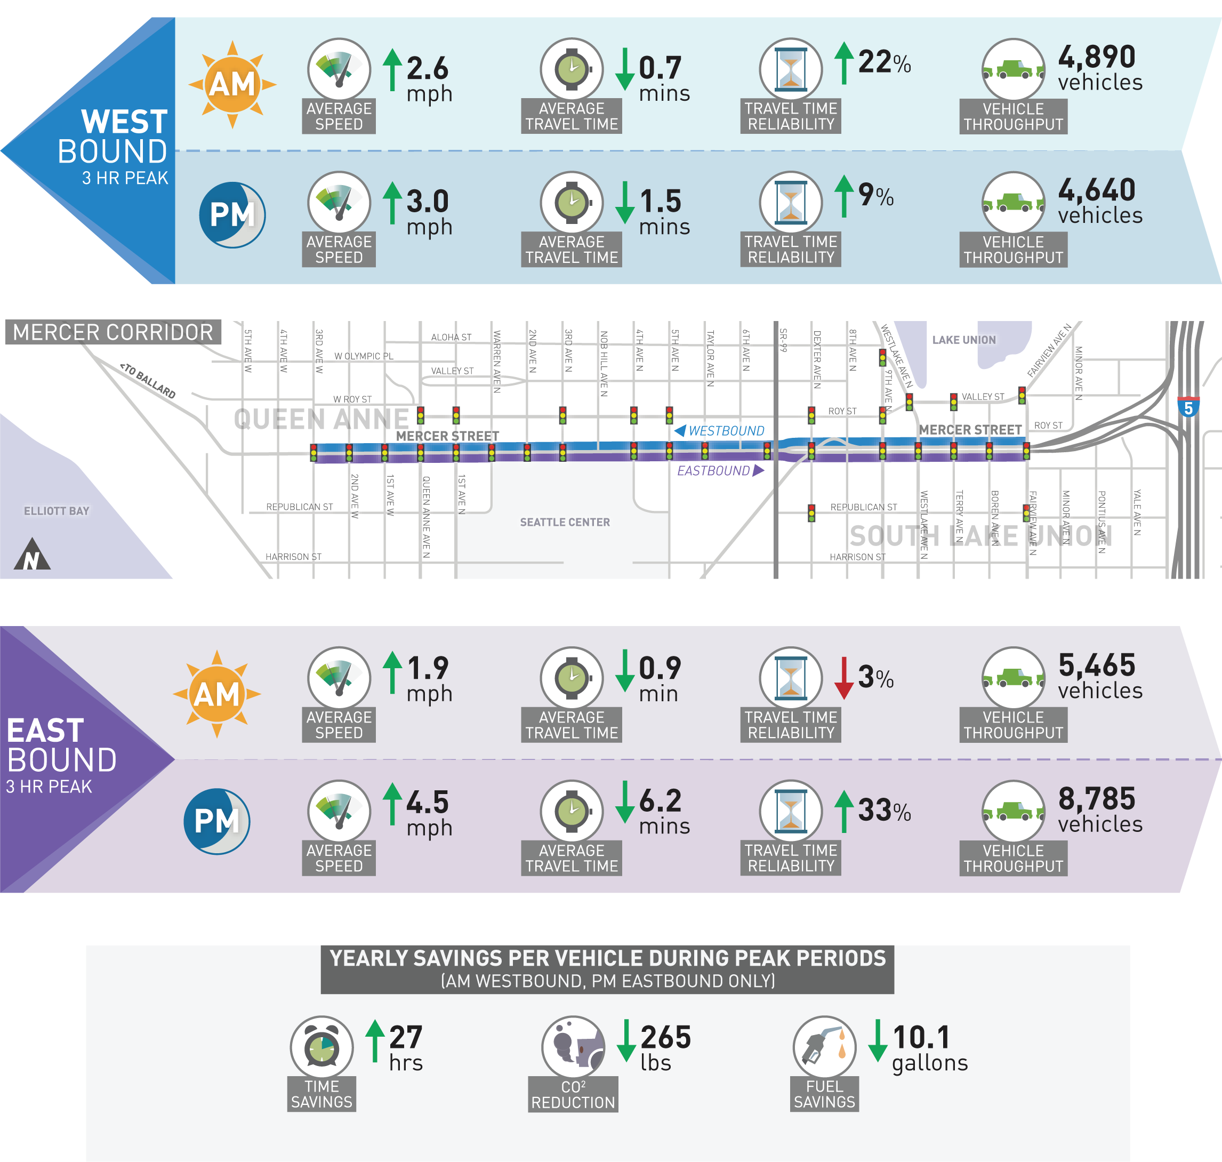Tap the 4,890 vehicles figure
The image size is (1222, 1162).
1099,68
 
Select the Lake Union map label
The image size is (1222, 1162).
964,340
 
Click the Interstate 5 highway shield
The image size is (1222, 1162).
1188,407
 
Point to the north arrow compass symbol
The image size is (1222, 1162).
32,555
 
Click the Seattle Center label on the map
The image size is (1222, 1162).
564,522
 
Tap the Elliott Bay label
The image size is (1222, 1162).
57,511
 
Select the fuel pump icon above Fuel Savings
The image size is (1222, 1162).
824,1047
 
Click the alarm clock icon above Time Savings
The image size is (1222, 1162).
321,1047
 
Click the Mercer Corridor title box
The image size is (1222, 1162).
112,333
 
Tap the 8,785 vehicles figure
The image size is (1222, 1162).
1099,810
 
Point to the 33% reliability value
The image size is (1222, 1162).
884,810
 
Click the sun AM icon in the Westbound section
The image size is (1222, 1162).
232,84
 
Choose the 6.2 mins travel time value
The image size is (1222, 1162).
663,812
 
